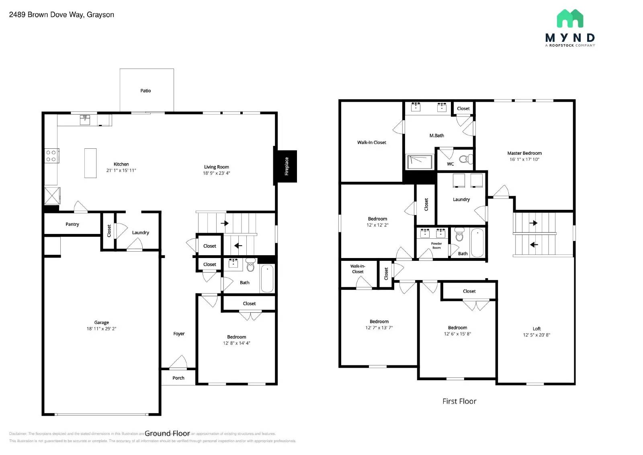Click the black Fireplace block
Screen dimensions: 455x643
click(x=286, y=166)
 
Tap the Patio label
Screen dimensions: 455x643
click(x=145, y=91)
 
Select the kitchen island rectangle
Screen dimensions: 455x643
click(x=90, y=163)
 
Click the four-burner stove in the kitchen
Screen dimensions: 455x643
click(x=51, y=156)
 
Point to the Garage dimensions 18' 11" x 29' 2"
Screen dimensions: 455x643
click(x=101, y=329)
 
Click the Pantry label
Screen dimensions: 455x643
click(x=72, y=224)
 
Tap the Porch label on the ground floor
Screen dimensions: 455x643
click(x=178, y=378)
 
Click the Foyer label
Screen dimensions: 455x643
click(x=179, y=334)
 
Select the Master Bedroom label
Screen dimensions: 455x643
click(x=524, y=153)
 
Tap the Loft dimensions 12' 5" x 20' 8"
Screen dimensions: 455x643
click(x=536, y=335)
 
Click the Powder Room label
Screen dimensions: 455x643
click(x=436, y=246)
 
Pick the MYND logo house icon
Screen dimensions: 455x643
click(x=570, y=18)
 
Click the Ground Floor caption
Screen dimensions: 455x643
click(x=167, y=433)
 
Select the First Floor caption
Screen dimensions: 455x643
click(x=459, y=401)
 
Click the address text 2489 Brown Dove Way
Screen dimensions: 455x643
click(x=61, y=15)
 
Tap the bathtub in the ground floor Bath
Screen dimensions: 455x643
click(x=267, y=278)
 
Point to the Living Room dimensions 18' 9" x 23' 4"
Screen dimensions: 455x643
click(x=216, y=173)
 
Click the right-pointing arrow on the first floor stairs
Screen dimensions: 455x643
click(x=534, y=223)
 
